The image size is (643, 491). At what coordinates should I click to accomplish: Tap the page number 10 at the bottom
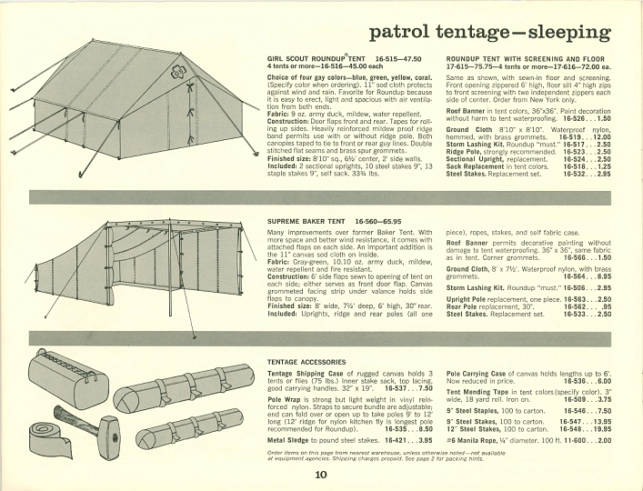pos(321,474)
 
